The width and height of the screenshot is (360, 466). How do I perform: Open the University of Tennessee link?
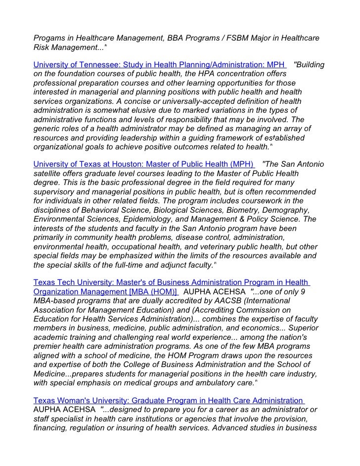tap(159, 65)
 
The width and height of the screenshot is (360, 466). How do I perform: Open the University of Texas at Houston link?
tap(143, 164)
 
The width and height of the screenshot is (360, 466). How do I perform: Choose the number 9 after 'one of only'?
tap(316, 291)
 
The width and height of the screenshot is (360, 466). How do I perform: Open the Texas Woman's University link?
tap(168, 400)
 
